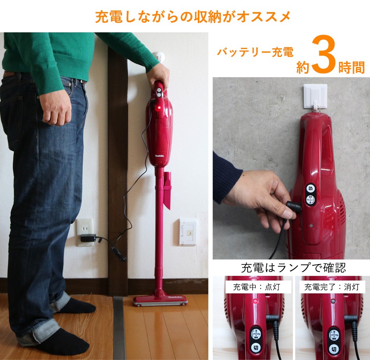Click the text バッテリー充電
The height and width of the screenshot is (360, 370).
click(x=255, y=52)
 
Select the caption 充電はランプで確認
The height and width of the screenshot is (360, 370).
click(x=293, y=268)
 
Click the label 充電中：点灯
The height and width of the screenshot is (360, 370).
click(x=254, y=288)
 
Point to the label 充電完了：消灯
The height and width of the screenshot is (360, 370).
click(x=332, y=288)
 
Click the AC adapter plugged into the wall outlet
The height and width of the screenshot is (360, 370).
click(x=88, y=238)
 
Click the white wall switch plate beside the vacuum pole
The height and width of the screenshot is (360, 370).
click(x=188, y=232)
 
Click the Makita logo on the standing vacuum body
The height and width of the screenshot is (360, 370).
click(x=160, y=155)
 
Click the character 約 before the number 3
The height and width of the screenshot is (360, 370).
click(x=303, y=67)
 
